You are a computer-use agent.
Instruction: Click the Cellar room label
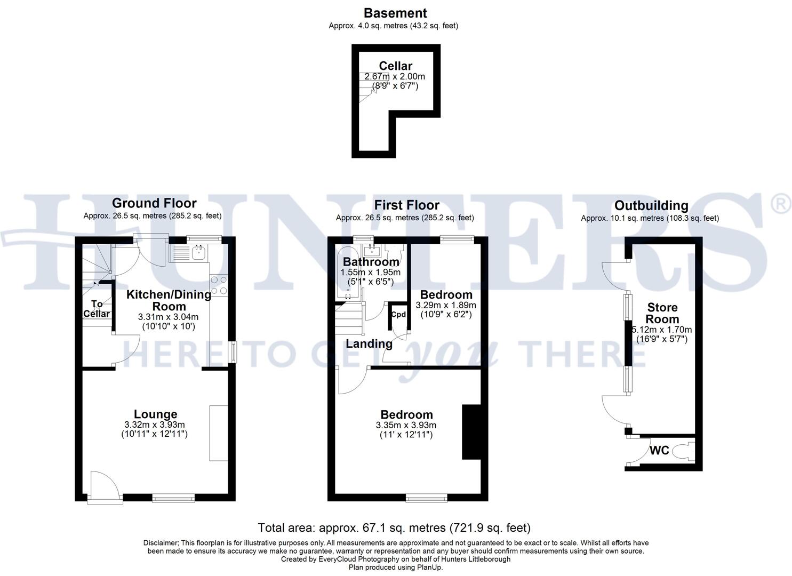click(395, 66)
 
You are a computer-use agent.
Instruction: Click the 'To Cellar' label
click(97, 309)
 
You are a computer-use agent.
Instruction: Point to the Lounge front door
click(104, 486)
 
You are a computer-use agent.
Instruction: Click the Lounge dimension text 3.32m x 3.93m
click(154, 425)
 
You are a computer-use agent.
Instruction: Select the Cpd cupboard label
click(398, 314)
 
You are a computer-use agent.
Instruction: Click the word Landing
click(369, 344)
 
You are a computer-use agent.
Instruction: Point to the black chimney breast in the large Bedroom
click(471, 431)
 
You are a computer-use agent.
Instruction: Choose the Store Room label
click(662, 313)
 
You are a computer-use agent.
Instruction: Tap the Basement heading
click(395, 13)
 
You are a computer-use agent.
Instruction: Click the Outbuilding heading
click(651, 206)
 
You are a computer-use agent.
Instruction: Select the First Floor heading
click(406, 205)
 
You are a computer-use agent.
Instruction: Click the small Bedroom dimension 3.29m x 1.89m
click(446, 306)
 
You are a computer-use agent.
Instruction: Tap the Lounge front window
click(173, 498)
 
